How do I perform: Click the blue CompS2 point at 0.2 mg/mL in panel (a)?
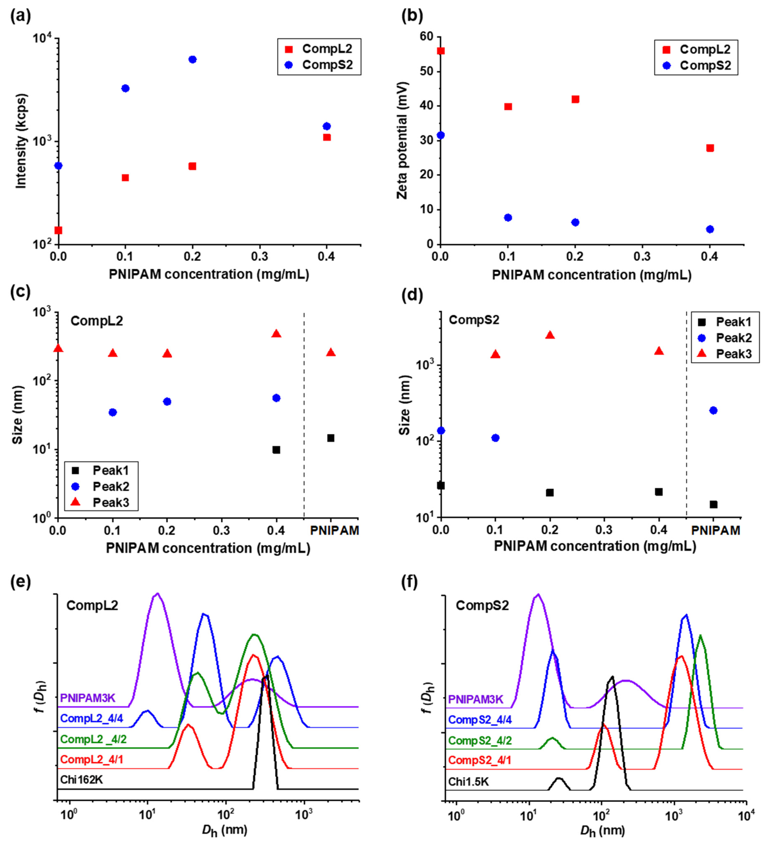[192, 60]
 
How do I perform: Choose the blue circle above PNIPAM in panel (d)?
[713, 410]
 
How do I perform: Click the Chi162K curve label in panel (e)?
[82, 780]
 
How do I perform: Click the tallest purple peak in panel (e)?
[158, 594]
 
